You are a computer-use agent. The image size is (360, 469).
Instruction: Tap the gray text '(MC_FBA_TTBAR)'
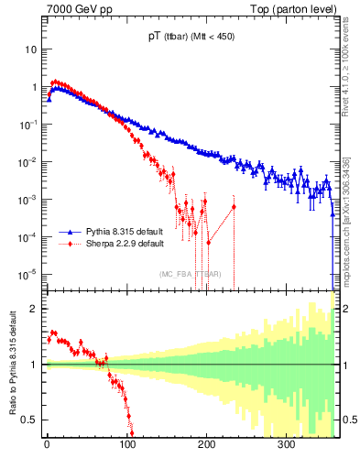(x=191, y=275)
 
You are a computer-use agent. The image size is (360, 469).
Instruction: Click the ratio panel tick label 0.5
(x=30, y=420)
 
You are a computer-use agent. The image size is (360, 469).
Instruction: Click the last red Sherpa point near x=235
(x=234, y=206)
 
